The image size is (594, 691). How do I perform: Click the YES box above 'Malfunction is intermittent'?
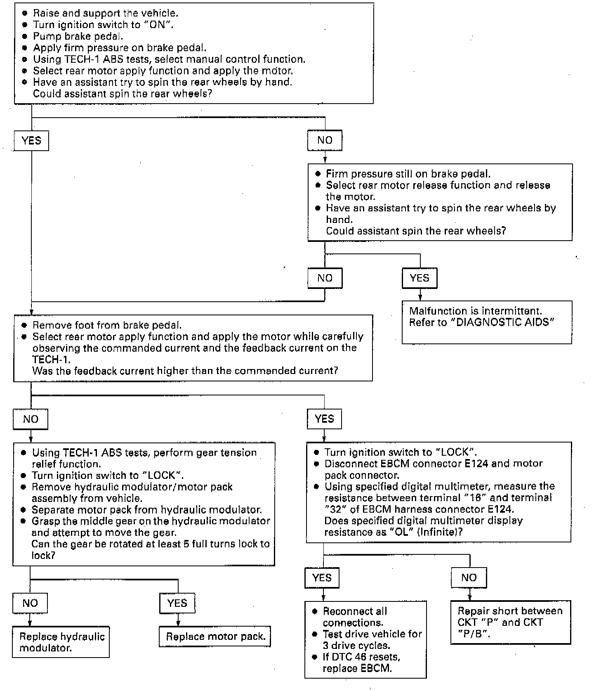(420, 278)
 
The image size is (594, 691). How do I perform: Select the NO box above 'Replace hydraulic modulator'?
(30, 603)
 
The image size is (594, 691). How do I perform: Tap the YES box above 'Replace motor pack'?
(177, 603)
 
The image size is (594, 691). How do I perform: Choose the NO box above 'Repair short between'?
(469, 577)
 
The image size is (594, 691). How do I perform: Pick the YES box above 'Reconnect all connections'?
(322, 577)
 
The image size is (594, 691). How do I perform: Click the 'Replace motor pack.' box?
(215, 637)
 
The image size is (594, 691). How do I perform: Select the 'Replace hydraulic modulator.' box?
(61, 642)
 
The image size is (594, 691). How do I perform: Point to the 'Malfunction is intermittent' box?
(487, 322)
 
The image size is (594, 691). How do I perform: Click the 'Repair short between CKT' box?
(511, 622)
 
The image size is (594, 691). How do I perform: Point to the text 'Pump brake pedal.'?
(78, 36)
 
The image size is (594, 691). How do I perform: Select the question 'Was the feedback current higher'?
(185, 371)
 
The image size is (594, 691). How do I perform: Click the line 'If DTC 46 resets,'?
(361, 657)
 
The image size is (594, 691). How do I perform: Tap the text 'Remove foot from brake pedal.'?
(107, 325)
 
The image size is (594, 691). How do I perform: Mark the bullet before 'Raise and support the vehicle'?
(25, 13)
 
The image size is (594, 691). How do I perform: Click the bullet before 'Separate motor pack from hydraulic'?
(24, 510)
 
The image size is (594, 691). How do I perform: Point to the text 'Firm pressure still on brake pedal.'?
(408, 174)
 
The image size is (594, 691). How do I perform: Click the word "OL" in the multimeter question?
(399, 532)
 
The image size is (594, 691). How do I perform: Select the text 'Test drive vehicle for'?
(372, 634)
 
